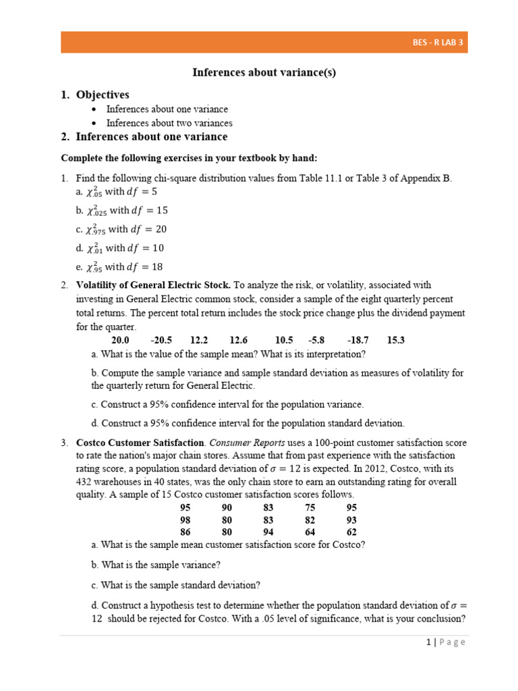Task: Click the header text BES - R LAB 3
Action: pos(438,43)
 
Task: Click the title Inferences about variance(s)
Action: pos(264,73)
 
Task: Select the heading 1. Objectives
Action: pos(94,94)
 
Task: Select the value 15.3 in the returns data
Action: pos(396,340)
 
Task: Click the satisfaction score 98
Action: pos(185,520)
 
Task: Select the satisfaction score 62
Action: pos(351,532)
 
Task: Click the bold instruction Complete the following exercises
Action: pos(189,158)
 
